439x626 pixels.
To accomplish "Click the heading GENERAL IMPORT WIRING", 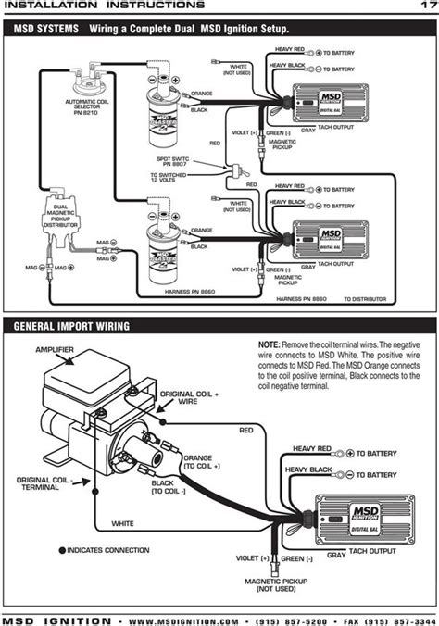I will (71, 326).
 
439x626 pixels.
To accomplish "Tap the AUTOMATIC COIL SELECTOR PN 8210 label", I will (89, 106).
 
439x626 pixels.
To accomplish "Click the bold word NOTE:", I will (271, 344).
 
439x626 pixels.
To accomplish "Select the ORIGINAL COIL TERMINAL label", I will (40, 483).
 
